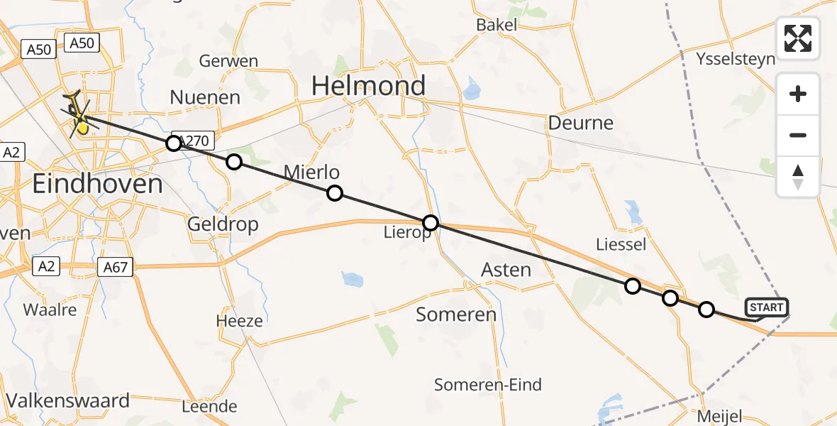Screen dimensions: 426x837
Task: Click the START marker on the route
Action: tap(767, 307)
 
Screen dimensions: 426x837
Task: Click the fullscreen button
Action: tap(798, 38)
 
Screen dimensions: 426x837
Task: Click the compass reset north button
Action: tap(798, 177)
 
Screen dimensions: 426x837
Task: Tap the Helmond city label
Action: tap(369, 87)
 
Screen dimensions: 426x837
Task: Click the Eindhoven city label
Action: tap(98, 185)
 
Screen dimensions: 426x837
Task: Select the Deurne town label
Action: tap(580, 123)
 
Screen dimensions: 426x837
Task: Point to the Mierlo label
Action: tap(311, 172)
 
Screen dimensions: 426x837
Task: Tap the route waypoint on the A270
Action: tap(174, 144)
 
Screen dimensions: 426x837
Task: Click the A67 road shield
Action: tap(115, 268)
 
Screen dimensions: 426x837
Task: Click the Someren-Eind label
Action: tap(488, 385)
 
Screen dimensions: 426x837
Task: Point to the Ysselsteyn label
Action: tap(736, 58)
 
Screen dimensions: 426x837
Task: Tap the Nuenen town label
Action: tap(206, 97)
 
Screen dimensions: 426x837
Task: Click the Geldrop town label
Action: tap(223, 224)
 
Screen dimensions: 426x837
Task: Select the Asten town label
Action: tap(506, 270)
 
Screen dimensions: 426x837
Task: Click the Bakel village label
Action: tap(497, 25)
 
